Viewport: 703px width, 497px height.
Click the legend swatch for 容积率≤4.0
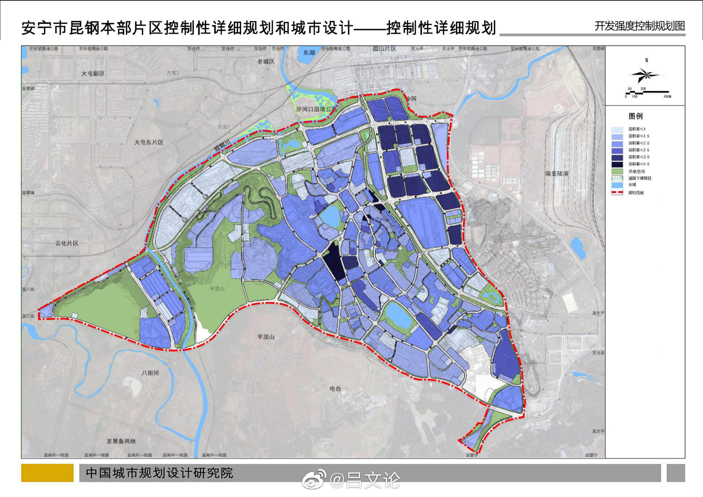(x=617, y=164)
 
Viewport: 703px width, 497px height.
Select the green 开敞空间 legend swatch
(x=617, y=171)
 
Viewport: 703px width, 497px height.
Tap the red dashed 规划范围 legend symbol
(x=617, y=193)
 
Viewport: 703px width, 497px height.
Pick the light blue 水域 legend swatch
(x=617, y=185)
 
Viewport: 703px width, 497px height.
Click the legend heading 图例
(x=636, y=116)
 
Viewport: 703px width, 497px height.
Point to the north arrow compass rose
(x=645, y=75)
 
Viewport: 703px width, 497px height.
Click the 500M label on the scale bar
(x=667, y=97)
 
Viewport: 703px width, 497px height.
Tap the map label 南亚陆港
(x=557, y=173)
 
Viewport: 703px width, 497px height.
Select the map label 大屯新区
(x=93, y=74)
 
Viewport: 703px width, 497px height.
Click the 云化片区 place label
(x=67, y=243)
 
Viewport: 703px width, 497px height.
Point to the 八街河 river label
(x=150, y=373)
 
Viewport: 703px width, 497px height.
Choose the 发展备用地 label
(x=121, y=441)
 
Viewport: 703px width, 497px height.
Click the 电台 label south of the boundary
(x=335, y=389)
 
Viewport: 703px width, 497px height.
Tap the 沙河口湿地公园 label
(x=315, y=109)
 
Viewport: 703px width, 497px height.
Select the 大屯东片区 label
(x=149, y=142)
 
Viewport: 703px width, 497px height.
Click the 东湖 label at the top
(x=309, y=53)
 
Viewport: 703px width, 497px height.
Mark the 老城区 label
(x=266, y=61)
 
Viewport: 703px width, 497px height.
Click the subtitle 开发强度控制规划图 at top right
(x=639, y=26)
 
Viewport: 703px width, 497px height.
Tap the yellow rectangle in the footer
(x=47, y=473)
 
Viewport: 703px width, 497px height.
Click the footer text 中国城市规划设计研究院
(x=159, y=473)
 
